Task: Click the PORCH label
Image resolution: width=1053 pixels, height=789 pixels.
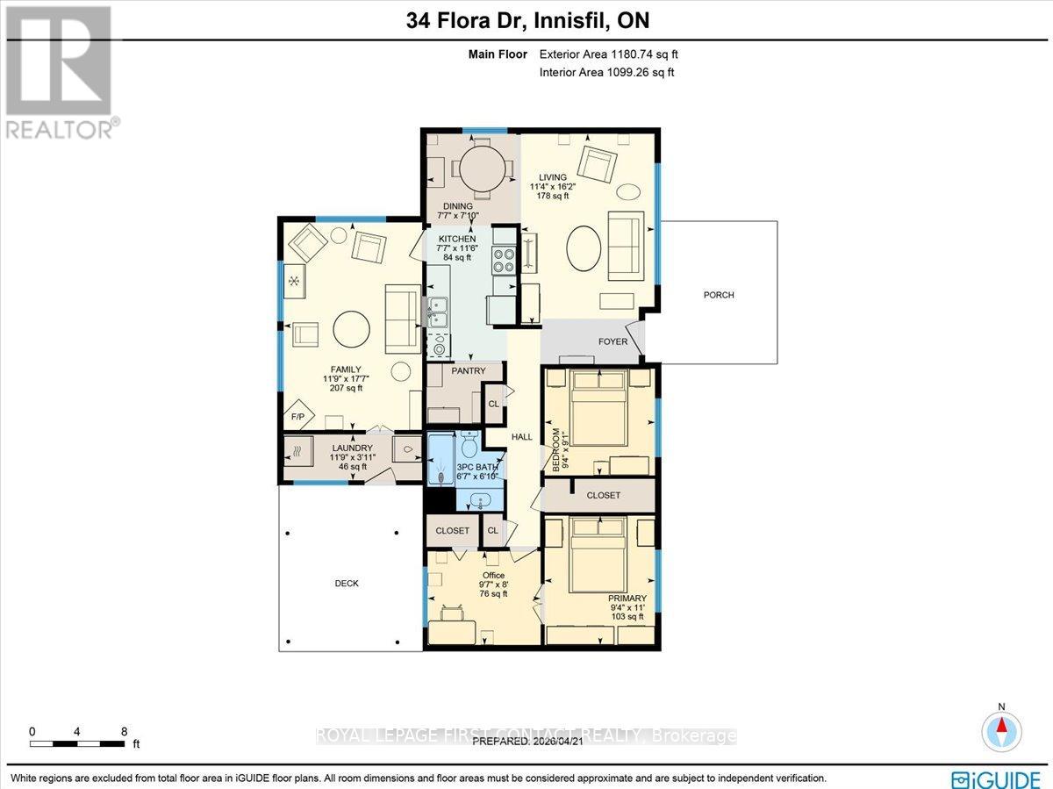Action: [719, 295]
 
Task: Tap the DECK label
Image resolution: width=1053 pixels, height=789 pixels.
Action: [347, 583]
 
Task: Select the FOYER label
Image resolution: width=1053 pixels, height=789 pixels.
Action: [612, 341]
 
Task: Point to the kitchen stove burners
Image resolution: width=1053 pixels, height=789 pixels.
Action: [505, 261]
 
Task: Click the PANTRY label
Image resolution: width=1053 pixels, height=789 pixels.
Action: [469, 371]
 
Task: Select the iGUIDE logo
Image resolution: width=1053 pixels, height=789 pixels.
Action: [997, 778]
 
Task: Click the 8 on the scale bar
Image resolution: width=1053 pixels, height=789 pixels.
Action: [125, 730]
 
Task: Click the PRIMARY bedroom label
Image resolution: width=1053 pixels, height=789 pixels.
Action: [627, 599]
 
